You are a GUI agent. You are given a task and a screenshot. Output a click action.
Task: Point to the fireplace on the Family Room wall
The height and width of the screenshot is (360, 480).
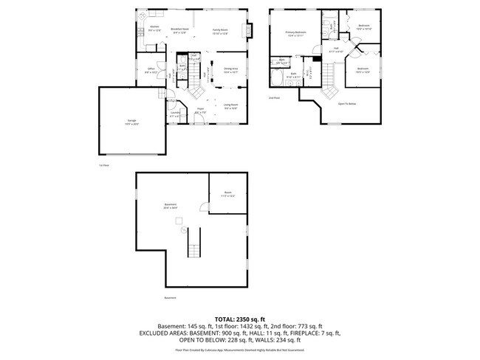pos(250,30)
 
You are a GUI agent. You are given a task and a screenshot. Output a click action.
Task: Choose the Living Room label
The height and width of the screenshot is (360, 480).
pos(230,106)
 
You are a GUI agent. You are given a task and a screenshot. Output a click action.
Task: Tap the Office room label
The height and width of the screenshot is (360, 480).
pos(151,71)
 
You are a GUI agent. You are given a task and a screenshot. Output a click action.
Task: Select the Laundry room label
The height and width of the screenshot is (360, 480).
pos(175,115)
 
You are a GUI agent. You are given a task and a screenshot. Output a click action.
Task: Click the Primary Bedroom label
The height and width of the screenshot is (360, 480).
pos(296,33)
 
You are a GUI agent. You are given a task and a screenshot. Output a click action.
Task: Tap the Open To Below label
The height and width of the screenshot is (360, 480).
pos(348,104)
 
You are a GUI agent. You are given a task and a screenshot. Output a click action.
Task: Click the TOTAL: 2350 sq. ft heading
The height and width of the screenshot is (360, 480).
pos(239,319)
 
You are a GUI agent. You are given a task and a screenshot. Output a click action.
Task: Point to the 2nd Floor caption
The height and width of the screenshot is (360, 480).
pos(274,97)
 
